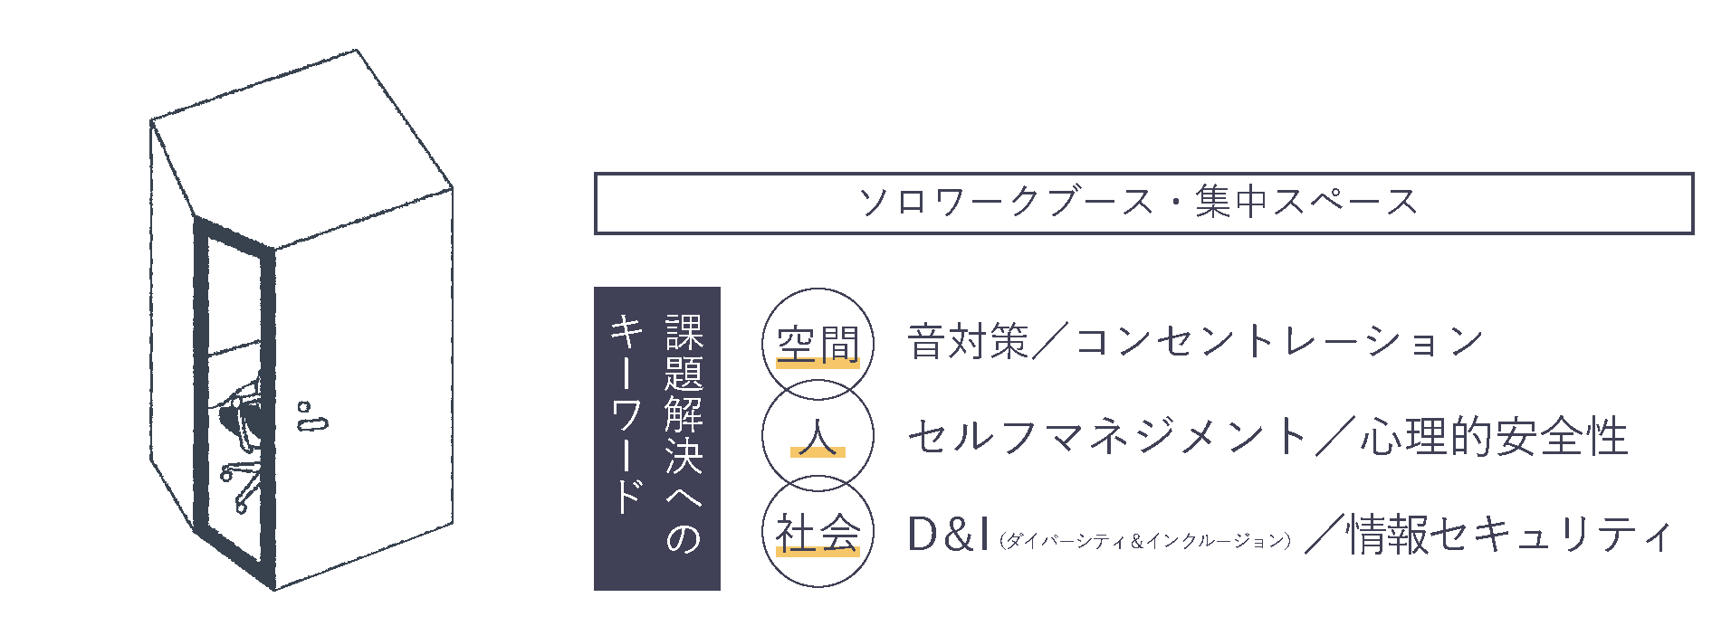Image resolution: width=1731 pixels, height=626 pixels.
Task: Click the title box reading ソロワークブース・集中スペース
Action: [1143, 204]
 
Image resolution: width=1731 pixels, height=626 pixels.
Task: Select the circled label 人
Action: [818, 437]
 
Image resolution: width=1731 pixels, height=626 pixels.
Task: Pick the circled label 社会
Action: [818, 533]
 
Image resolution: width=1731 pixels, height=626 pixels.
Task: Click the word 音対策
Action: [968, 342]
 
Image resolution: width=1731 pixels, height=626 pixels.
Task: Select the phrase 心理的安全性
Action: [1493, 437]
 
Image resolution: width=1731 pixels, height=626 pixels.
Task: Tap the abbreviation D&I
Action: [947, 535]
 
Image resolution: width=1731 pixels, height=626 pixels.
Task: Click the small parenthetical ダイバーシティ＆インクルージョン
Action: [1144, 541]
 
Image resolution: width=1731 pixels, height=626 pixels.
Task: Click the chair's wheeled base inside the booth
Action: [240, 484]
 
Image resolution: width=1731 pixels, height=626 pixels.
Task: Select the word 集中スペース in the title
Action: [1305, 202]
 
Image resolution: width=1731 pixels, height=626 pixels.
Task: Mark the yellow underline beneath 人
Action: [818, 452]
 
